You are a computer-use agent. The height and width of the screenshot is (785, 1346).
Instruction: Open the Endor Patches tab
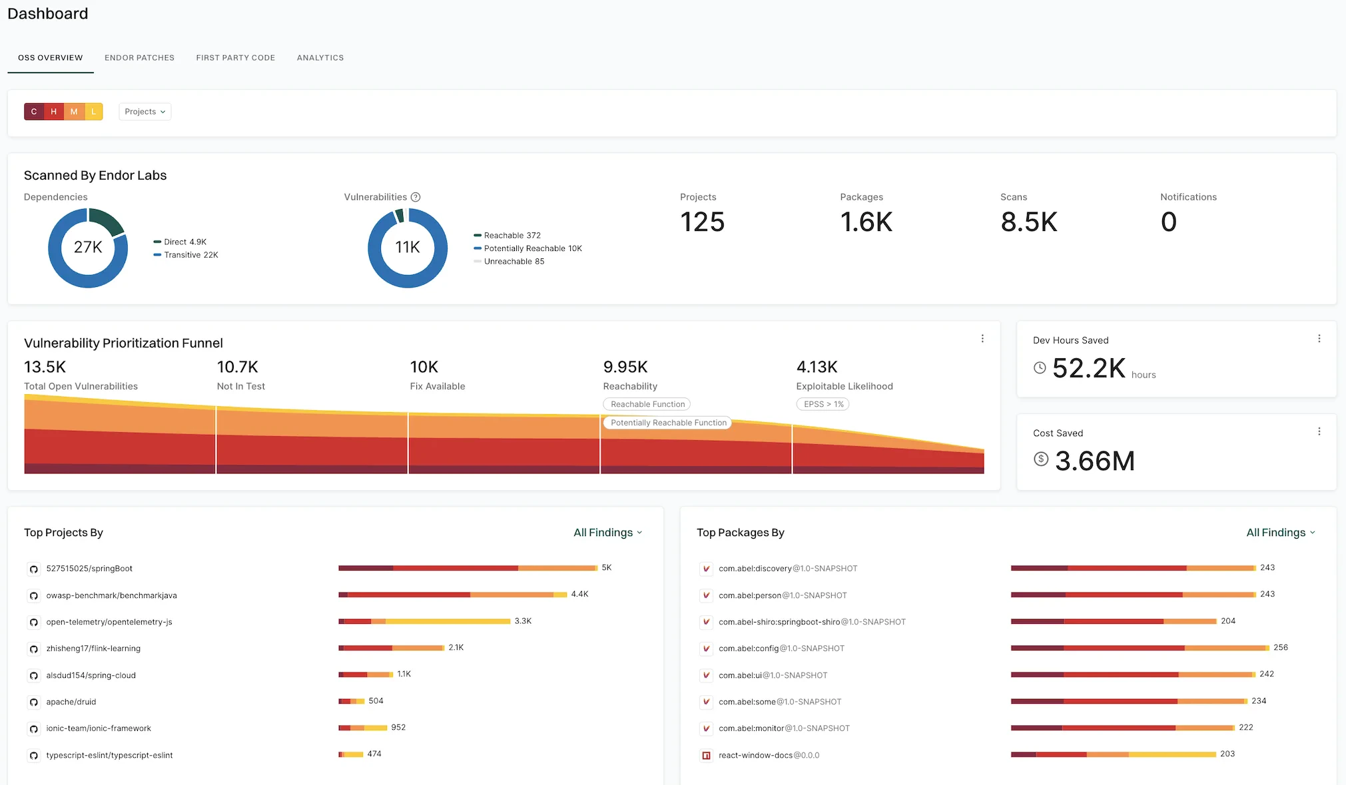[x=139, y=58]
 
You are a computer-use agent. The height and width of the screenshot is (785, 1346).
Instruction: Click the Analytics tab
[x=320, y=58]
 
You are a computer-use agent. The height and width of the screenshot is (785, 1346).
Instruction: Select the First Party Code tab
[x=235, y=58]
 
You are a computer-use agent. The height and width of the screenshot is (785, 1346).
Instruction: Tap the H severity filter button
[x=54, y=112]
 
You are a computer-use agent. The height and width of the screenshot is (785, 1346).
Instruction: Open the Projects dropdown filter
[x=145, y=112]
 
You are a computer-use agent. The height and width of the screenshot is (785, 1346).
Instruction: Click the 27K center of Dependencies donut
[x=88, y=248]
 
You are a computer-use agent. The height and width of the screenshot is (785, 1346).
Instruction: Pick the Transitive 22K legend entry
[x=190, y=255]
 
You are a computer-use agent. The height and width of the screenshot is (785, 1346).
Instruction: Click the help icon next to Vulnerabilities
[x=416, y=197]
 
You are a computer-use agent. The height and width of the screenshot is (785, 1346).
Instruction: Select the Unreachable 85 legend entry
[x=513, y=262]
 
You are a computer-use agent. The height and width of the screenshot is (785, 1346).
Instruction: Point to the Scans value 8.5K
[x=1028, y=222]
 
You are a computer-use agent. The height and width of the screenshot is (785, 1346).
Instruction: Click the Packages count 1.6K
[x=866, y=222]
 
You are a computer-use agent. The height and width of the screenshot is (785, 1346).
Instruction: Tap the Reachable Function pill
[x=647, y=404]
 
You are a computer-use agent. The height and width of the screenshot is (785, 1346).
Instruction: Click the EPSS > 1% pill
[x=823, y=404]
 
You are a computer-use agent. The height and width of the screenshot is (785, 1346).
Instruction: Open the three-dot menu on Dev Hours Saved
[x=1319, y=339]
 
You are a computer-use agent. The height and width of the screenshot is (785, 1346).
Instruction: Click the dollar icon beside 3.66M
[x=1040, y=459]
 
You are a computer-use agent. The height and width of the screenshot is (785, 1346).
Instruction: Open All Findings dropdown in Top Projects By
[x=607, y=533]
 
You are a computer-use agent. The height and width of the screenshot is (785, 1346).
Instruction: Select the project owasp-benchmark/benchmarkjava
[x=111, y=596]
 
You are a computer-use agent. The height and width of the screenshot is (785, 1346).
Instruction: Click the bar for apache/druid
[x=351, y=701]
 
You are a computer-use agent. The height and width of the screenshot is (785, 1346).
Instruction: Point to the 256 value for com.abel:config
[x=1280, y=648]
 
